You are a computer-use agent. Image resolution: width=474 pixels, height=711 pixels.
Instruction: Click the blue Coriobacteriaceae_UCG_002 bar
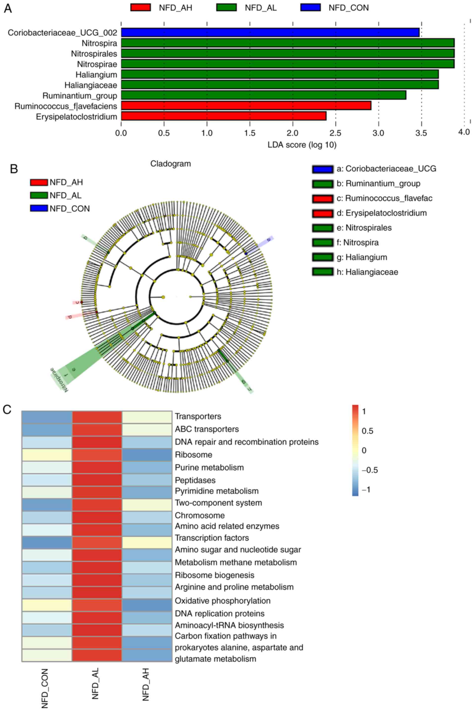point(270,32)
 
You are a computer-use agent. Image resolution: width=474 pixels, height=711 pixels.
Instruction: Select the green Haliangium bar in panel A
point(280,74)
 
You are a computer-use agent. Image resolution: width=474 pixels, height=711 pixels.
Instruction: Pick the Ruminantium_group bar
point(263,95)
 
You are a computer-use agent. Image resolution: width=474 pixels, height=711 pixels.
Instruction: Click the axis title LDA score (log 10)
point(302,145)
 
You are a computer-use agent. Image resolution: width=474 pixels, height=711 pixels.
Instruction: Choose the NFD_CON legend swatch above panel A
point(310,7)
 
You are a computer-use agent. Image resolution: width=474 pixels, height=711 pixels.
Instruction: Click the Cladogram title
point(170,164)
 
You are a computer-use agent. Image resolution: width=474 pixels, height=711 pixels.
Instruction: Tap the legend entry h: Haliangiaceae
point(371,272)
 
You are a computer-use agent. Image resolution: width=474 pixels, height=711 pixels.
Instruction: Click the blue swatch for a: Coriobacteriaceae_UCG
point(323,169)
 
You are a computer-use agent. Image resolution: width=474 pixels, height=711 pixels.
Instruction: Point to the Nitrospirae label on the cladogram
point(59,380)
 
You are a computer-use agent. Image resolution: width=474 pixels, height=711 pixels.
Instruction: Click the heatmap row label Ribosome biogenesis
point(215,575)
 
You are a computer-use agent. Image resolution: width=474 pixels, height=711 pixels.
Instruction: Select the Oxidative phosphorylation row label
point(223,601)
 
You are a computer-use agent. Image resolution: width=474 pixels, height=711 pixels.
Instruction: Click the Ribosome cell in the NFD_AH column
point(147,455)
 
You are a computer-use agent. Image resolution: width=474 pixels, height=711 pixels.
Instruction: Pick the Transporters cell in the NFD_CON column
point(47,417)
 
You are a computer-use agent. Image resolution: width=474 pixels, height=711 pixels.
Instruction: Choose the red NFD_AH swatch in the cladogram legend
point(39,182)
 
